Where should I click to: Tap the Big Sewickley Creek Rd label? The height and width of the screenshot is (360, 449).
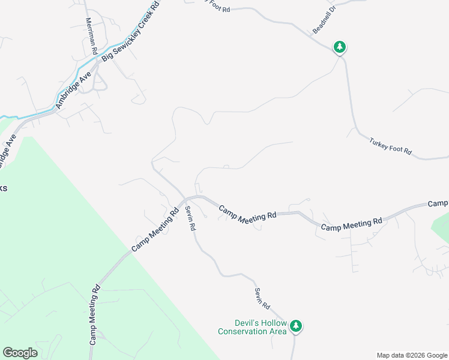tap(130, 31)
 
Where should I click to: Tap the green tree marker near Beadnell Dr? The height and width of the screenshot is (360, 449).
tap(340, 46)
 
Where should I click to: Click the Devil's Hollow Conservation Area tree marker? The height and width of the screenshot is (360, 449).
tap(295, 326)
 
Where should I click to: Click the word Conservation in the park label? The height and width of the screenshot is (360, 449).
tap(243, 331)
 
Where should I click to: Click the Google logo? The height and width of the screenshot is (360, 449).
tap(20, 353)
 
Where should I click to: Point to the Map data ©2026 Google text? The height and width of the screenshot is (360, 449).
tap(411, 355)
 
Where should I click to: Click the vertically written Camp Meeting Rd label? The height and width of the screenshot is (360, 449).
tap(94, 315)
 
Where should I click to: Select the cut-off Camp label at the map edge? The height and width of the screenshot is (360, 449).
tap(439, 203)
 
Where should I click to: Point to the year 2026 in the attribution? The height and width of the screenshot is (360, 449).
tap(416, 355)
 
